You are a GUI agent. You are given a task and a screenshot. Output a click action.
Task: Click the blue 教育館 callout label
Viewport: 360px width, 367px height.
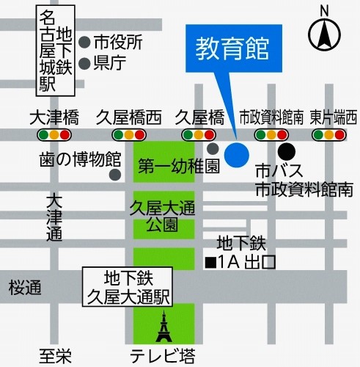tap(232, 51)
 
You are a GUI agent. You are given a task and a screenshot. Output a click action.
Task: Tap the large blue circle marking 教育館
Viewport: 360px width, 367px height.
tap(236, 154)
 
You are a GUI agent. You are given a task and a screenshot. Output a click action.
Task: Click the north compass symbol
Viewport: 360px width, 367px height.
tap(324, 32)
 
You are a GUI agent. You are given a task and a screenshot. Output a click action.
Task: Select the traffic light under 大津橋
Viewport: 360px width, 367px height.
tap(55, 135)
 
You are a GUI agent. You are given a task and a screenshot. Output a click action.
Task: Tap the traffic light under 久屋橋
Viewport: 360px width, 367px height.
tap(199, 135)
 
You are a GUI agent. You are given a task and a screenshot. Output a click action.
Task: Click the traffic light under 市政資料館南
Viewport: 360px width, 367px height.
tap(271, 135)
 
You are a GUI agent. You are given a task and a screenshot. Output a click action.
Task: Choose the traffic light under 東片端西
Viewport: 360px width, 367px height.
tap(330, 135)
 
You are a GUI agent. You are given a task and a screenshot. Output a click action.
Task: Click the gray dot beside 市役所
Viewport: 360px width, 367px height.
tap(84, 42)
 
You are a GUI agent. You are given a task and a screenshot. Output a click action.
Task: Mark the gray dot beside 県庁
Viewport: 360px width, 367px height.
tap(84, 63)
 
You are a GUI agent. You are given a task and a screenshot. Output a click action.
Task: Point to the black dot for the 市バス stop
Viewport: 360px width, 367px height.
tap(283, 156)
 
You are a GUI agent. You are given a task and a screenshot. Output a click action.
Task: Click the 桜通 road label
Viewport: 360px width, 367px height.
tap(26, 289)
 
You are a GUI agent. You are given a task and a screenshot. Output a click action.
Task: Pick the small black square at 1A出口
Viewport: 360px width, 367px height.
tap(210, 262)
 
